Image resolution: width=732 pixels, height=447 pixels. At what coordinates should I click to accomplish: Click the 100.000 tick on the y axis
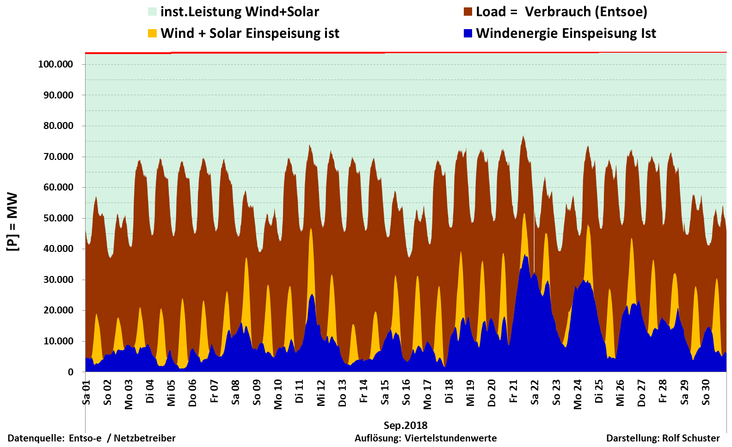pos(55,64)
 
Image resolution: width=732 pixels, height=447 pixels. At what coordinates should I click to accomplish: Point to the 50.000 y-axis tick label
pos(58,218)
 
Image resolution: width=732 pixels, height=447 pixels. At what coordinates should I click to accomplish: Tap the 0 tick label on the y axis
pos(70,372)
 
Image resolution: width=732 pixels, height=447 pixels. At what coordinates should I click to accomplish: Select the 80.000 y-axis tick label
pos(58,126)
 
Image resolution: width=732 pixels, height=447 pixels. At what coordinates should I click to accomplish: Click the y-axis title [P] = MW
pos(12,222)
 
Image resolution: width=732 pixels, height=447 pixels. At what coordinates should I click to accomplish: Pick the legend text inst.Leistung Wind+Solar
pos(240,12)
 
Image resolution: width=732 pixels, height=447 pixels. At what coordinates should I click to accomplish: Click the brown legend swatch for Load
pos(468,12)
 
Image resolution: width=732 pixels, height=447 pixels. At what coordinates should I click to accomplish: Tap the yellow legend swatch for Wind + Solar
pos(152,33)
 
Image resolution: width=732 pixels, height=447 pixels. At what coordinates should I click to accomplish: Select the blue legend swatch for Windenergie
pos(468,33)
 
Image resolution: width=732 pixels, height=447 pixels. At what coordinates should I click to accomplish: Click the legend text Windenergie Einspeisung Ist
pos(566,33)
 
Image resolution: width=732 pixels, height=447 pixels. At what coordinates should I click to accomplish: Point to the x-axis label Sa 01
pos(86,392)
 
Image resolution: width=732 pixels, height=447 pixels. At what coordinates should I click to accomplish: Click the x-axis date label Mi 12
pos(321,393)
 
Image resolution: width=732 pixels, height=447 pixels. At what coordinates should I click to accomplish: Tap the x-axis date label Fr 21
pos(513,392)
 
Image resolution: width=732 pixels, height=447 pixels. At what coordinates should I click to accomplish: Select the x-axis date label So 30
pos(706,392)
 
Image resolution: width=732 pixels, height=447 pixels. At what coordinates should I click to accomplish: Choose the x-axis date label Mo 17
pos(428,394)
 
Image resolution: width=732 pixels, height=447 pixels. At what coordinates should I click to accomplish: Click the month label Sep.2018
pos(406,425)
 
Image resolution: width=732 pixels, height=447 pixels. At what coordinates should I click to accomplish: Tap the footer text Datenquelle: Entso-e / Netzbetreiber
pos(92,438)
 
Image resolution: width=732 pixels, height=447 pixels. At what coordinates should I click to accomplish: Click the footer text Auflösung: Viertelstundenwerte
pos(425,438)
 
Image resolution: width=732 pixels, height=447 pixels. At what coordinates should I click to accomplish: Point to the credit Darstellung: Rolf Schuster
pos(663,438)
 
